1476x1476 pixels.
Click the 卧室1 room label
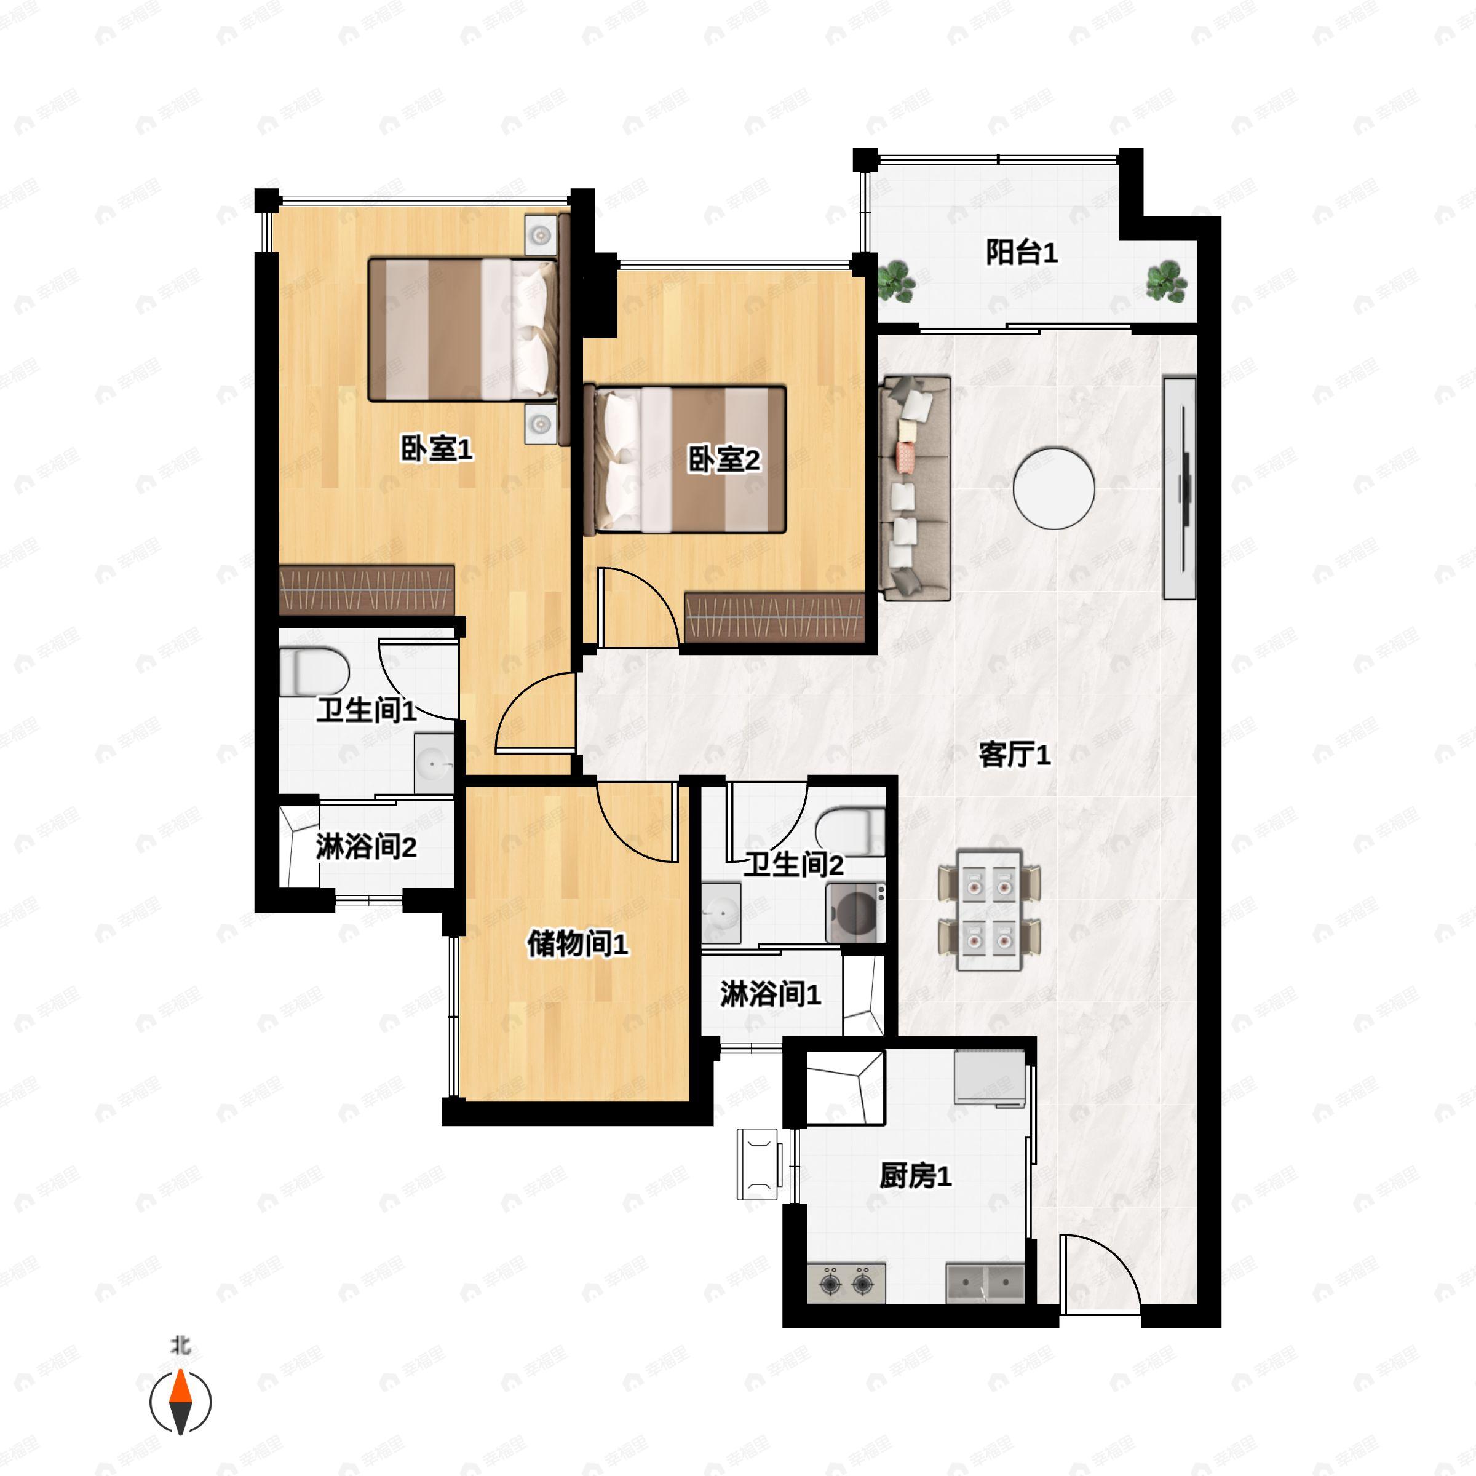click(437, 449)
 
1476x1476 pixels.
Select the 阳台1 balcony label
click(1022, 252)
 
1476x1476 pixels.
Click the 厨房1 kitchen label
click(915, 1176)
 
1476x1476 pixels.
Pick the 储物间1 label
click(577, 944)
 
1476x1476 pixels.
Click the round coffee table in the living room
click(1053, 488)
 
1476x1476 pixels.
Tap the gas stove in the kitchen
click(846, 1283)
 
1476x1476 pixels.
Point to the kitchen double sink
click(985, 1283)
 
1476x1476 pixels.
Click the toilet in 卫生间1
click(313, 672)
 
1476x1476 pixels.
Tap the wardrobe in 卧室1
click(367, 590)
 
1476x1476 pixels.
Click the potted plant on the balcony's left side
click(895, 281)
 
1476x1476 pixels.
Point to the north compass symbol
click(180, 1401)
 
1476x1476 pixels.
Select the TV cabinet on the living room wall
click(1179, 488)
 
